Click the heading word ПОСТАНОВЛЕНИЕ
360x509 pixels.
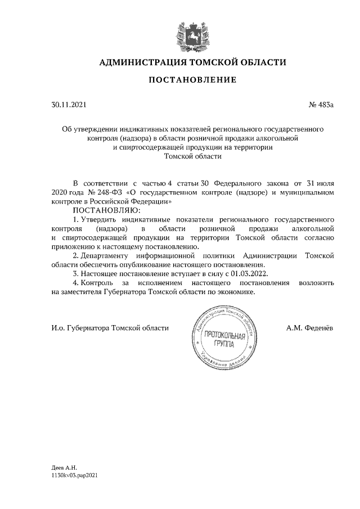tap(192, 80)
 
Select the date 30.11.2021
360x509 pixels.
tap(69, 105)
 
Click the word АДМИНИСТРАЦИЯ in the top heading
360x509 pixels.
tap(139, 61)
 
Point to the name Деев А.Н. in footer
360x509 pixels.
tap(63, 467)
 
